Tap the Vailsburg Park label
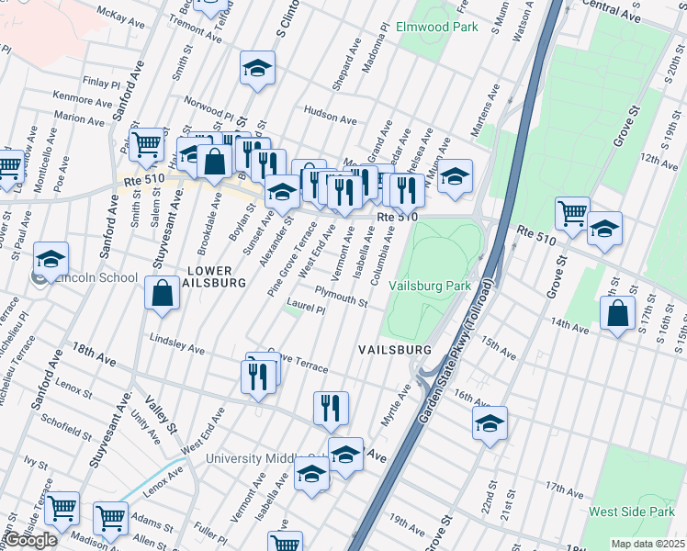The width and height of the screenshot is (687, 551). (x=430, y=286)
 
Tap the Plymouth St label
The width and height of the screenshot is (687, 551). (x=341, y=297)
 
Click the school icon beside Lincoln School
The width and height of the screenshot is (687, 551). (x=51, y=258)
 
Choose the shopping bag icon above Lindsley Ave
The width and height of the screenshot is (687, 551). (x=162, y=294)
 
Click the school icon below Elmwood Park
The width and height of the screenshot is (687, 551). (x=258, y=67)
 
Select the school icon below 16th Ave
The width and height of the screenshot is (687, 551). (x=490, y=422)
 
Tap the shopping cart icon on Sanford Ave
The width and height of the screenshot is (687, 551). (x=146, y=144)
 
